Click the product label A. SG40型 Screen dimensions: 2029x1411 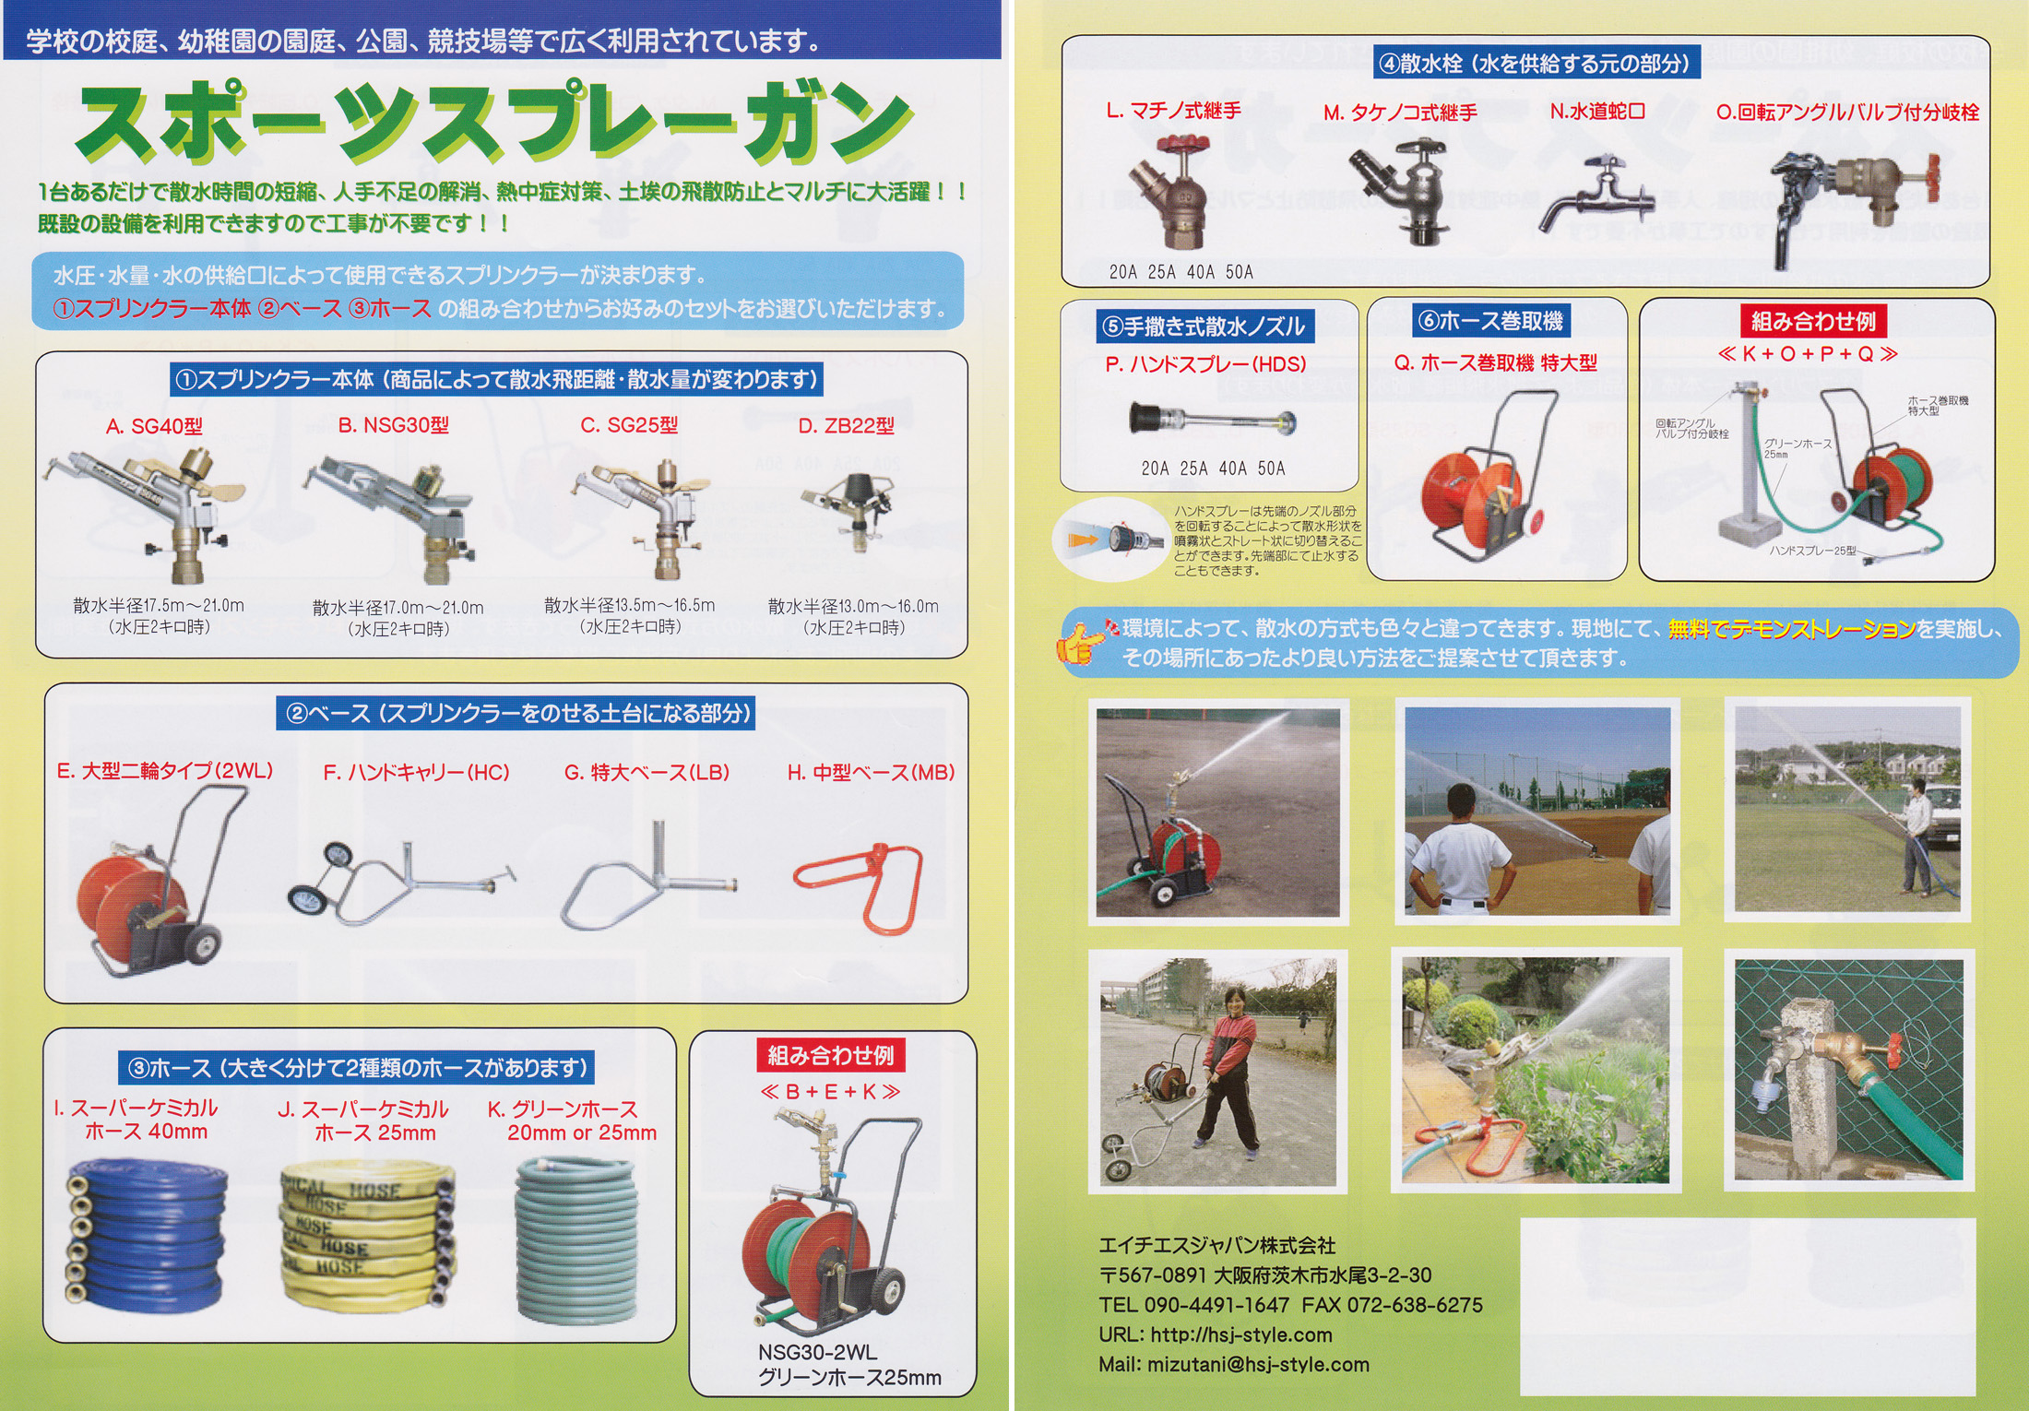154,426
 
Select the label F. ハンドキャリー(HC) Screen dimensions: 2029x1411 416,773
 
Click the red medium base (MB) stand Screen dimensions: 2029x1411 860,885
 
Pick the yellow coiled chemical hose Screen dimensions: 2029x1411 368,1237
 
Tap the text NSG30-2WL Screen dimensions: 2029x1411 817,1352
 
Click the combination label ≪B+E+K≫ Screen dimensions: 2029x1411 829,1092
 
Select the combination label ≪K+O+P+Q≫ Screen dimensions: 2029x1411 1808,354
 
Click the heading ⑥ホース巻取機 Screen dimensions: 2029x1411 1490,320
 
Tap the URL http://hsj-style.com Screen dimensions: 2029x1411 1241,1334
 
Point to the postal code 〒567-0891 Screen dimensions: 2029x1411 1153,1275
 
